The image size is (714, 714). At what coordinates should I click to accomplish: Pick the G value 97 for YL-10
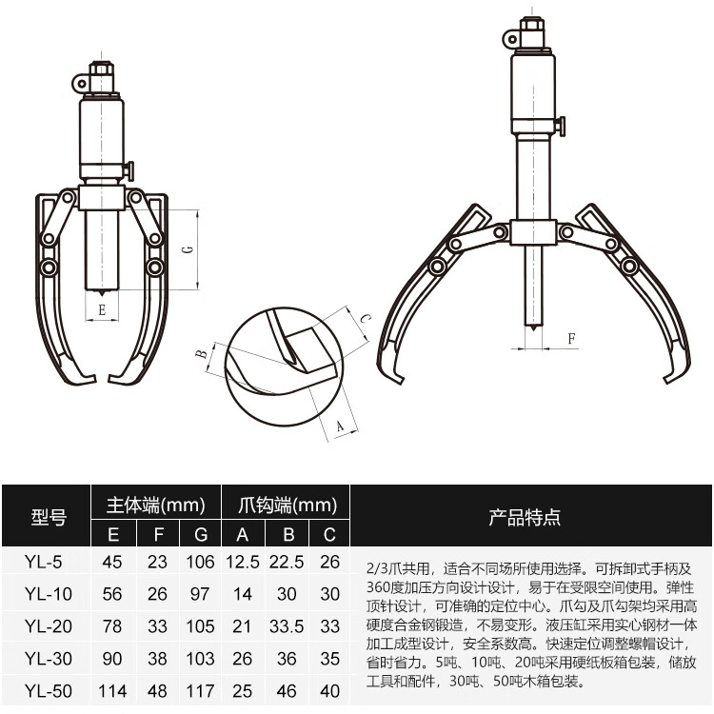coord(200,594)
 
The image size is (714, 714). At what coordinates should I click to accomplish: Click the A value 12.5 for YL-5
coord(243,562)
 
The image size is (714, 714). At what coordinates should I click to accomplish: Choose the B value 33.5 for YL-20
coord(288,626)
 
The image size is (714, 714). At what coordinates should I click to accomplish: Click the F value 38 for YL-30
coord(158,659)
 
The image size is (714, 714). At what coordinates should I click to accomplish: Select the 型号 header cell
coord(49,518)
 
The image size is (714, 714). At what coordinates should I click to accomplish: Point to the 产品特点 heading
coord(525,518)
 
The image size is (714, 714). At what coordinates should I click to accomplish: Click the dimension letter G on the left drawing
coord(188,250)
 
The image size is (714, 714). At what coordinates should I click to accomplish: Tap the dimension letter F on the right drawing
coord(571,338)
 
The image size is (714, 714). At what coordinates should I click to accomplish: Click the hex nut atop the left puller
coord(101,71)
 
